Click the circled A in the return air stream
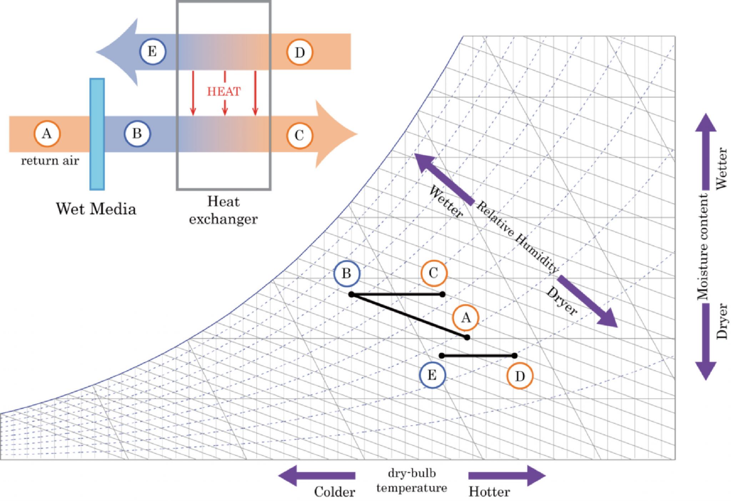(47, 134)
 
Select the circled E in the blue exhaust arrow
(152, 51)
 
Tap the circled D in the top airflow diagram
(300, 52)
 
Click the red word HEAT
(224, 91)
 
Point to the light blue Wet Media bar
(97, 134)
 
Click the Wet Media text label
(96, 208)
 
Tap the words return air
(50, 161)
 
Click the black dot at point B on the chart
(351, 294)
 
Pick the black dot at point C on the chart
(443, 294)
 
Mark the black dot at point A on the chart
(467, 337)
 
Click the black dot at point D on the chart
(514, 355)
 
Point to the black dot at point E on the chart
(442, 355)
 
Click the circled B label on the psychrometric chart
(347, 273)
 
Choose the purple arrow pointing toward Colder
(317, 475)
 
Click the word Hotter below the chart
(489, 492)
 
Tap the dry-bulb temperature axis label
(412, 480)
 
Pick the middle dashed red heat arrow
(225, 93)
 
